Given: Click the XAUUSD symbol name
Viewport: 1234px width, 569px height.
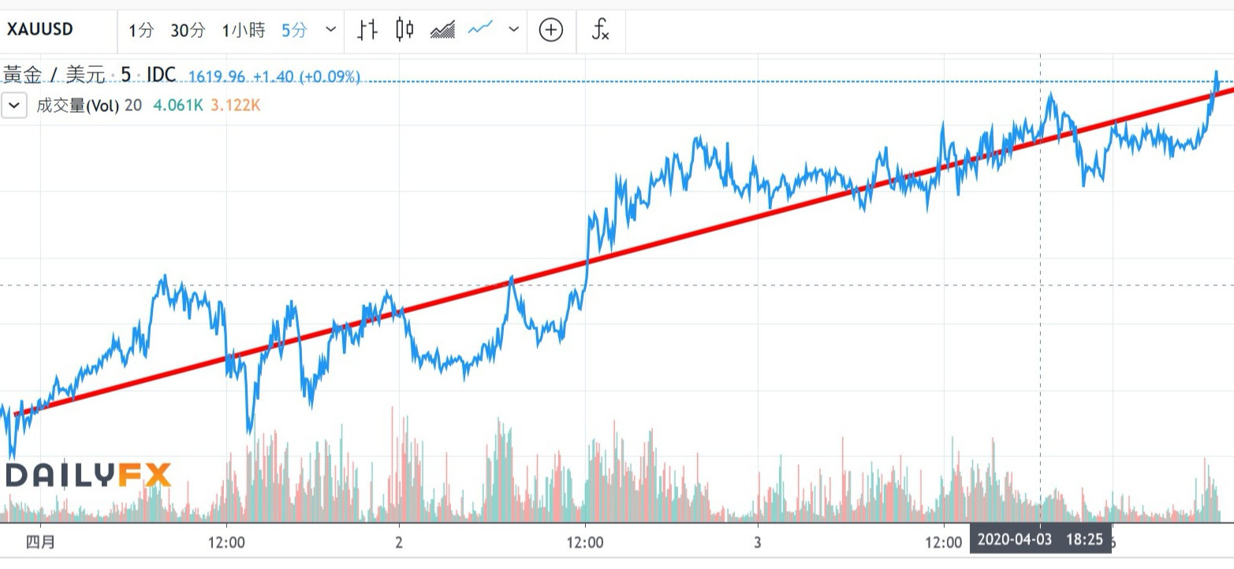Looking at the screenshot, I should click(x=40, y=30).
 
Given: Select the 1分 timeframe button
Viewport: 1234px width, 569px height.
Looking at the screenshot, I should click(x=142, y=31).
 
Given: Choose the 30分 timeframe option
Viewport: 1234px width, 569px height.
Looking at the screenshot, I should click(x=188, y=31).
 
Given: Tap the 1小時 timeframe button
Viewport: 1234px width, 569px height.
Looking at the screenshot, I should click(x=244, y=31).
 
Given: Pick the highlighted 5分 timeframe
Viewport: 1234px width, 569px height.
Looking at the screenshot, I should click(x=294, y=31).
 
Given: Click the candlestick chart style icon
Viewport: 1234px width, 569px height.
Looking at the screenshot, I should click(x=404, y=30).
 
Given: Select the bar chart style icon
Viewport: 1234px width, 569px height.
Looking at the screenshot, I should click(x=367, y=30).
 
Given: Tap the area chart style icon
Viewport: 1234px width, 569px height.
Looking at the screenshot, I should click(x=443, y=30).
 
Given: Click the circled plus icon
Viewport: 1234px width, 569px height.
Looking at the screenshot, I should click(x=550, y=30).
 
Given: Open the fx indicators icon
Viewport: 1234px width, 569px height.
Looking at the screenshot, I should click(x=600, y=30).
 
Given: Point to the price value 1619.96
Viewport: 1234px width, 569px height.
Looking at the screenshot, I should click(x=217, y=76).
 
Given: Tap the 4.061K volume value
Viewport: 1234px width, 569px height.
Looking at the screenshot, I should click(x=177, y=105).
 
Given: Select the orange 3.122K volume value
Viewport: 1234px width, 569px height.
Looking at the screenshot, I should click(x=234, y=105).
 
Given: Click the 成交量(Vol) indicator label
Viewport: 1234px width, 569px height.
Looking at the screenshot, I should click(x=77, y=105).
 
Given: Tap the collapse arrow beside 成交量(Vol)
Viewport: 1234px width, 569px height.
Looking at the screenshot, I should click(x=14, y=105).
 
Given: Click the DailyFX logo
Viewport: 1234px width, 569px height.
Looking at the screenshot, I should click(x=88, y=475).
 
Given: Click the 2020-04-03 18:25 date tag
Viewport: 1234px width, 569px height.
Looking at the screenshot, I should click(x=1040, y=540).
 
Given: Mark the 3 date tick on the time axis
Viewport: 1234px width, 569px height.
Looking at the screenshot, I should click(x=757, y=542).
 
